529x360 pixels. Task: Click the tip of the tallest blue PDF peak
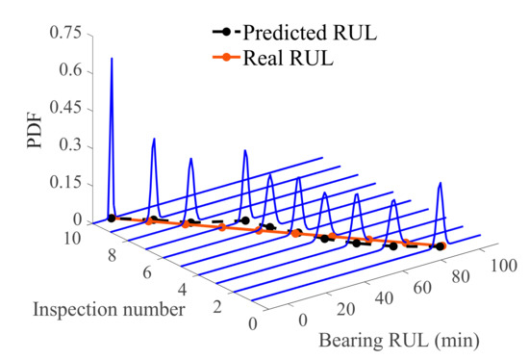[112, 59]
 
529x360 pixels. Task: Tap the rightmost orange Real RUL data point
[440, 246]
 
